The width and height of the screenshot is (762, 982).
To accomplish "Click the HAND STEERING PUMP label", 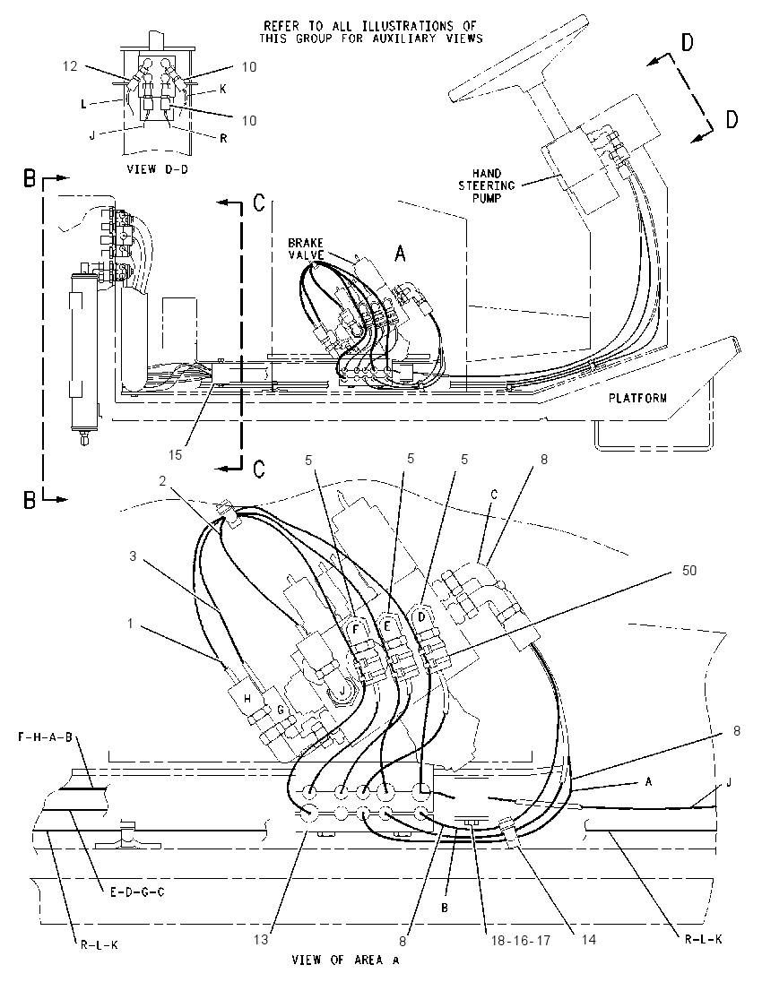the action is (487, 185).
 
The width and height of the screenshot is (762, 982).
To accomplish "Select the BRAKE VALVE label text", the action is (305, 248).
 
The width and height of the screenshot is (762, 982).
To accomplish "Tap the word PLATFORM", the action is (638, 398).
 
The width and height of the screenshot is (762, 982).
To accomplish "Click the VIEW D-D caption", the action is (157, 168).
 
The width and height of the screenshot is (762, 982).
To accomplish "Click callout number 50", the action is (688, 571).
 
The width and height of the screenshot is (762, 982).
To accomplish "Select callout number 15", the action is (176, 454).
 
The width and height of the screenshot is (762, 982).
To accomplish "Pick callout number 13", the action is (261, 939).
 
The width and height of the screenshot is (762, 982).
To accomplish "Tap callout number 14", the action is (588, 940).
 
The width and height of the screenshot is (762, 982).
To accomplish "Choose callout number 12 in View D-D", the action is (70, 65).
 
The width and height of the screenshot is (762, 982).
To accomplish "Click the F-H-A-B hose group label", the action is (45, 737).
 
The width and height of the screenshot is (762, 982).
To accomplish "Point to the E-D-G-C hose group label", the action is (137, 892).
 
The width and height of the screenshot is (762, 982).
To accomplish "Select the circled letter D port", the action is (421, 616).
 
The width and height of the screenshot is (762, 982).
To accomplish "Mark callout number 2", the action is (161, 481).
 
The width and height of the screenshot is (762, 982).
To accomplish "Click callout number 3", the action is (133, 556).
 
